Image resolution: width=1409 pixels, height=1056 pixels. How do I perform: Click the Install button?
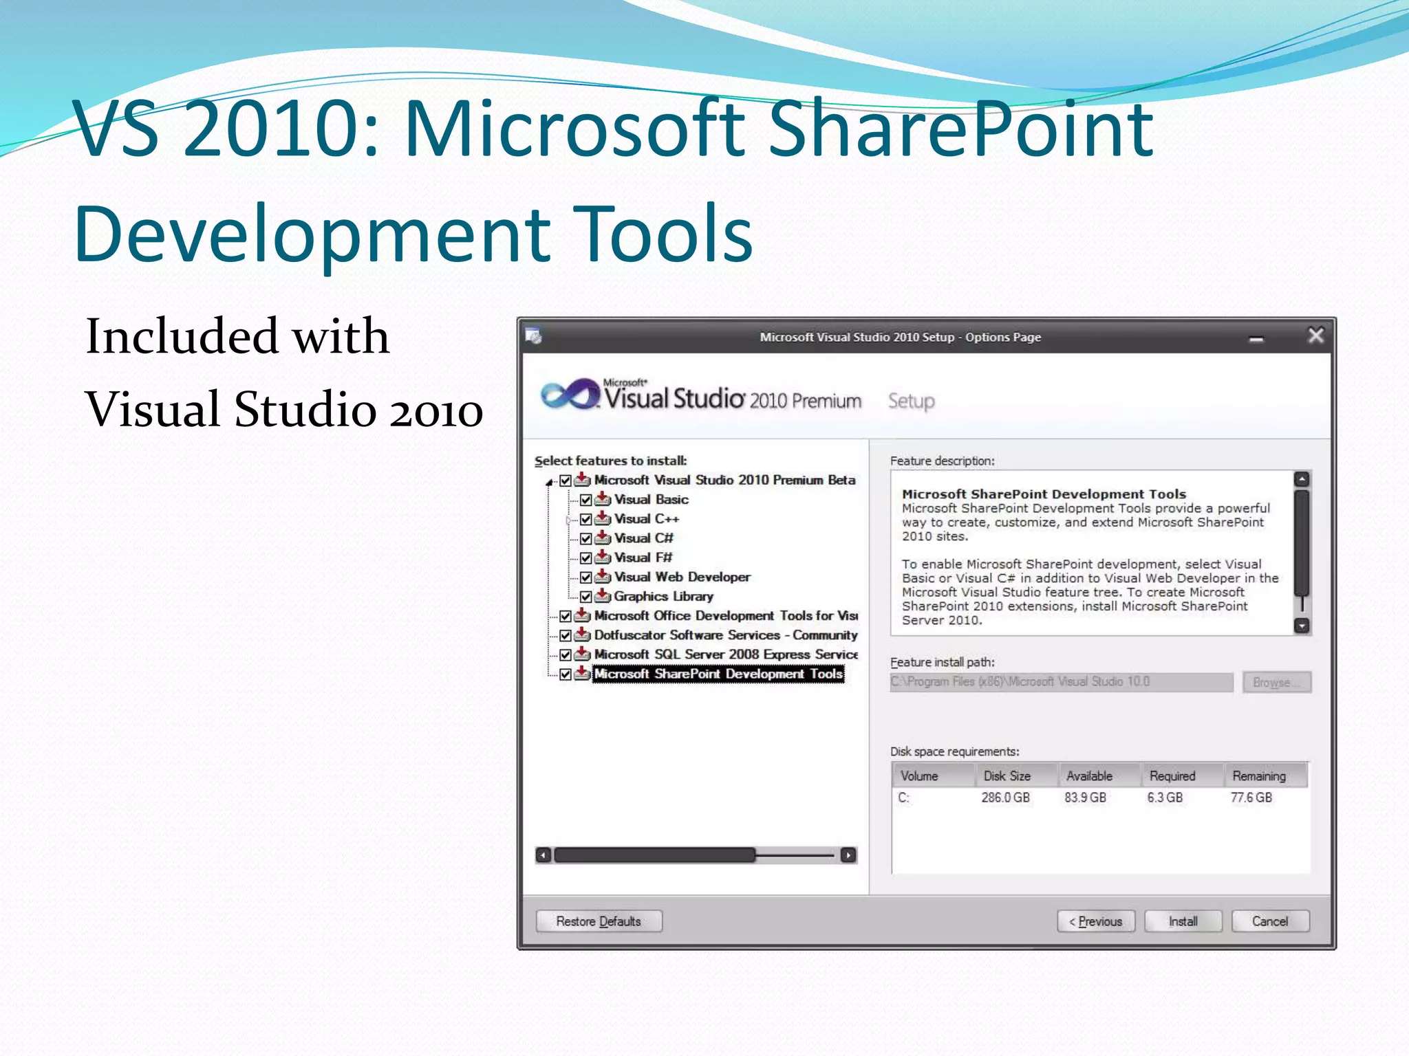tap(1183, 921)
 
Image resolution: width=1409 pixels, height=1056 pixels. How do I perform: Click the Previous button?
tap(1095, 921)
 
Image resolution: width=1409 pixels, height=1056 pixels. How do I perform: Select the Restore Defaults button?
tap(599, 921)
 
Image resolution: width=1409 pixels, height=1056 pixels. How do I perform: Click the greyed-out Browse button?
tap(1276, 682)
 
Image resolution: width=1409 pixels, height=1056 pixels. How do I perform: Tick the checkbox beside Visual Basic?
tap(586, 500)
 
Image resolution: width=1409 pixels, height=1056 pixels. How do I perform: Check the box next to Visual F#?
tap(586, 558)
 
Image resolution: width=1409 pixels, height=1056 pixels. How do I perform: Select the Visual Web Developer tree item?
tap(682, 577)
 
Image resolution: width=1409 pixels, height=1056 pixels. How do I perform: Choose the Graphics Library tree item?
tap(663, 596)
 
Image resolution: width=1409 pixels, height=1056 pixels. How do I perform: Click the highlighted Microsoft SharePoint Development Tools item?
tap(718, 674)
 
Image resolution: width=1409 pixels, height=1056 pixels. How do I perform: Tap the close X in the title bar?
tap(1315, 335)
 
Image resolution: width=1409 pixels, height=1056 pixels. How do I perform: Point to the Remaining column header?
tap(1259, 775)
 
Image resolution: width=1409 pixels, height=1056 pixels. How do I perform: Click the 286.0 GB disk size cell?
tap(1005, 797)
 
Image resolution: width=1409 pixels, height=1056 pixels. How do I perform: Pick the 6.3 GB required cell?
tap(1165, 797)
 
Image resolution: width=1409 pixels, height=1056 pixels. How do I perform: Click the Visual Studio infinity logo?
tap(570, 395)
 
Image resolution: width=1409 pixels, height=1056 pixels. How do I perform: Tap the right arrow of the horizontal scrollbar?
tap(848, 855)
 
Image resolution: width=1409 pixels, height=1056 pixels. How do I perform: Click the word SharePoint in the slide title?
tap(960, 129)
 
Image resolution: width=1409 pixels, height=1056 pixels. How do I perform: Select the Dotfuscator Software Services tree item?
tap(725, 635)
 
